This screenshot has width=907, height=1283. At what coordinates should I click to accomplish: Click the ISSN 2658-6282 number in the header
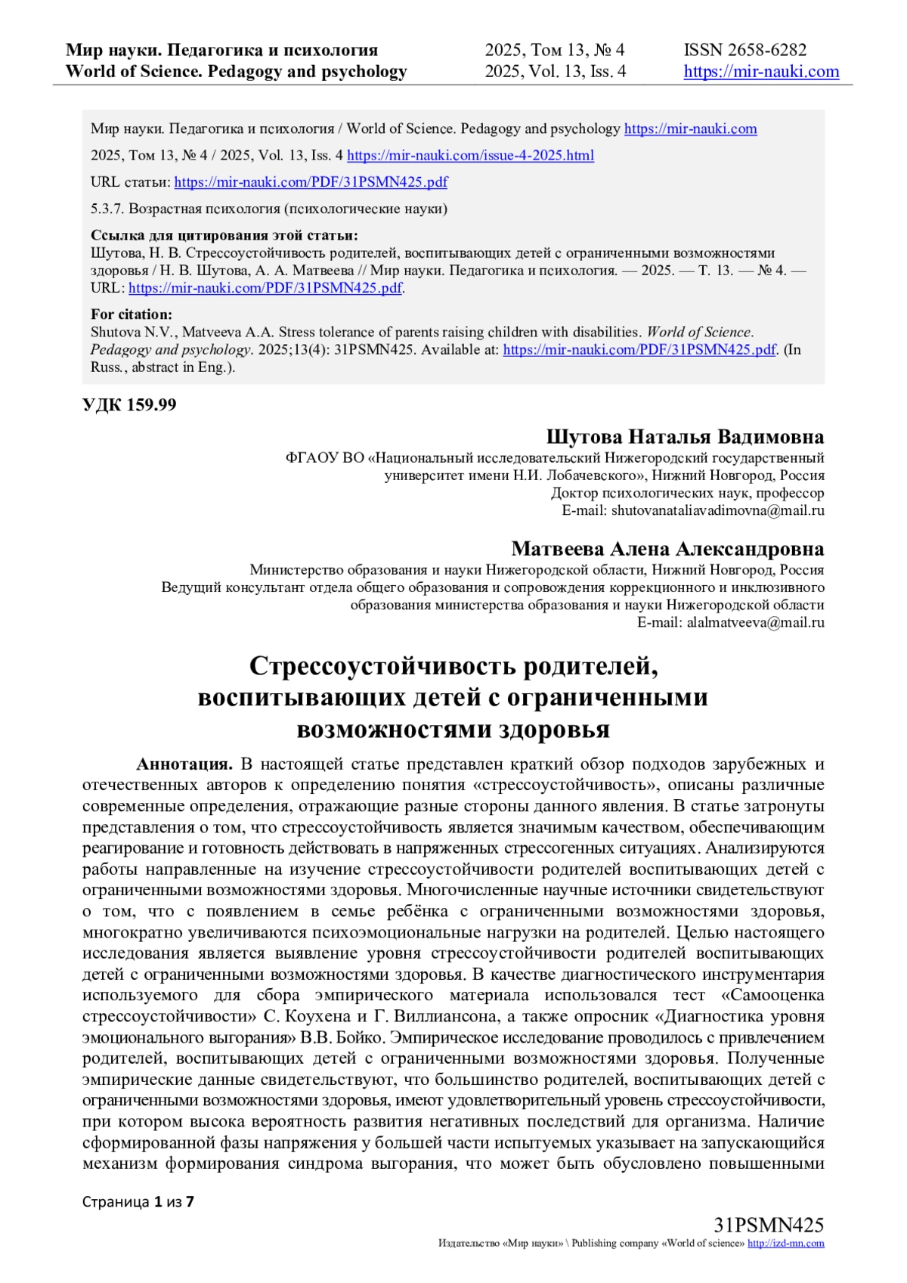click(x=745, y=51)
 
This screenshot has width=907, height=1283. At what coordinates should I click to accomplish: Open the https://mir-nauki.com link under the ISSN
click(x=761, y=72)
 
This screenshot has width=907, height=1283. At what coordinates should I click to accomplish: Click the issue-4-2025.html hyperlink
click(x=470, y=156)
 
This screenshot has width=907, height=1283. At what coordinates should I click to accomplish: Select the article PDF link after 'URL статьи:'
click(x=311, y=182)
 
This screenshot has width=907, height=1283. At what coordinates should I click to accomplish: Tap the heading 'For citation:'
click(x=132, y=315)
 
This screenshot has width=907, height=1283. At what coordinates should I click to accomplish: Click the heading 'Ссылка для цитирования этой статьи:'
click(x=224, y=235)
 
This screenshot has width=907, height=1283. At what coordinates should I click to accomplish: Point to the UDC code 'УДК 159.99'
click(x=129, y=405)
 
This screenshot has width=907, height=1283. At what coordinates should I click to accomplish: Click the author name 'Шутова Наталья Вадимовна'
click(x=685, y=438)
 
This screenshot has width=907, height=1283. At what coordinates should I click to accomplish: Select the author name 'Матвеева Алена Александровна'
click(x=667, y=549)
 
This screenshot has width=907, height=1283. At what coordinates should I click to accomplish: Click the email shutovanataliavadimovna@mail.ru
click(x=717, y=511)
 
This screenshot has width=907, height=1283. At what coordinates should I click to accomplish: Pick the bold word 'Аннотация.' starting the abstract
click(x=184, y=764)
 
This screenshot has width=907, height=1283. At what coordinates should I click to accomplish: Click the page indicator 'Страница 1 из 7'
click(x=138, y=1201)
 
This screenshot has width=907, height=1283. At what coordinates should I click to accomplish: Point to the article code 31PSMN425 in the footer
click(x=769, y=1226)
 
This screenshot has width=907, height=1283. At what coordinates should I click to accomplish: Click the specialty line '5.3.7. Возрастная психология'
click(x=269, y=209)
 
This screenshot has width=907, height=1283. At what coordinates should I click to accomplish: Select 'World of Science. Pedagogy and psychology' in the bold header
click(x=237, y=72)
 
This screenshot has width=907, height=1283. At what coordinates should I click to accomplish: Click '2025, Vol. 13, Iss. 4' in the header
click(x=556, y=72)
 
